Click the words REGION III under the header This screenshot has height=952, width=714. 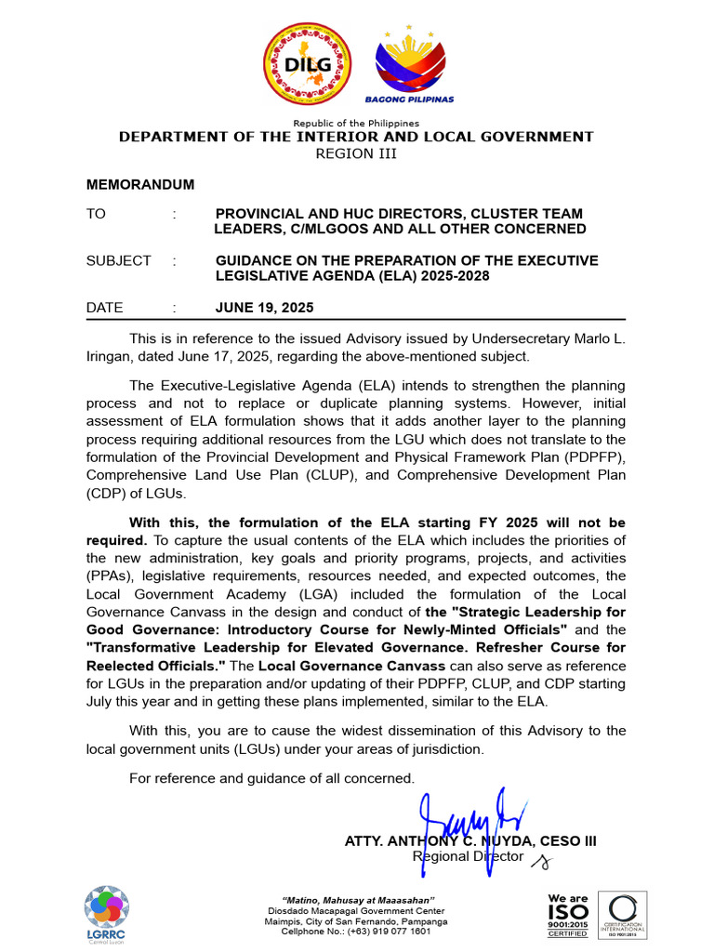[x=356, y=153]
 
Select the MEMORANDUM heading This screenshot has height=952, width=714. [x=140, y=184]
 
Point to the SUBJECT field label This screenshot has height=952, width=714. [x=118, y=260]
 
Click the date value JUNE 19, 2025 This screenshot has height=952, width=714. [x=264, y=307]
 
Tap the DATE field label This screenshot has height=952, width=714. [x=104, y=307]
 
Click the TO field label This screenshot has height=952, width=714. [x=96, y=214]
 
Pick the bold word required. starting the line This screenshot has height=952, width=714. [x=116, y=539]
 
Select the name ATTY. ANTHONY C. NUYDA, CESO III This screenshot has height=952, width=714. [x=470, y=840]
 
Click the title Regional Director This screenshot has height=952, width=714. [x=468, y=856]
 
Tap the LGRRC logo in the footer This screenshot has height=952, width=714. [x=107, y=914]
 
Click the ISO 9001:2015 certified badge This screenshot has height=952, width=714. [x=567, y=915]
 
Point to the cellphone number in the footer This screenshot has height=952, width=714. [x=356, y=931]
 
